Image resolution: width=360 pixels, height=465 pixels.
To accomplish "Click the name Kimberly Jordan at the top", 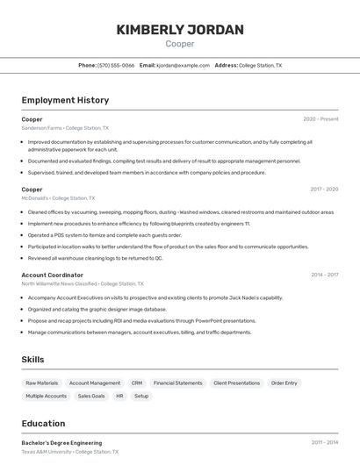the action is (x=180, y=30).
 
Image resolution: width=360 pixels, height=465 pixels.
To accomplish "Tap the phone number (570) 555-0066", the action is (x=116, y=65).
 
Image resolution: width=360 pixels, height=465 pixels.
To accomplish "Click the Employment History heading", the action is (x=65, y=100).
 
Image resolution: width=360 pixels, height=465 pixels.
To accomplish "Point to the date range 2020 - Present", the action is (x=320, y=119).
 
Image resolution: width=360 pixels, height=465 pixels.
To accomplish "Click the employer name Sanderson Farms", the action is (x=41, y=128).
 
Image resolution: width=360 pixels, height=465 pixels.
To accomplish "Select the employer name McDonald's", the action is (x=36, y=198).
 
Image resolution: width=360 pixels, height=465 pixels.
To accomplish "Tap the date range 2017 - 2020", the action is (x=324, y=190).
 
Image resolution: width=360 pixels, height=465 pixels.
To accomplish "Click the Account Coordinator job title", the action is (x=52, y=275).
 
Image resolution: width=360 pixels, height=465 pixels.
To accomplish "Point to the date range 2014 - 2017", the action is (x=324, y=275).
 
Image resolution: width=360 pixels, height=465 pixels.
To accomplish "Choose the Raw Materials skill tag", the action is (x=41, y=383).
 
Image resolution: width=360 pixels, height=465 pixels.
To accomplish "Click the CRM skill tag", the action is (x=136, y=383).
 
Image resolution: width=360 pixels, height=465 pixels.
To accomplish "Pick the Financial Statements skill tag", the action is (x=177, y=383).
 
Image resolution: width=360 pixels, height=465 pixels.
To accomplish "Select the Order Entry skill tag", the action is (x=284, y=383).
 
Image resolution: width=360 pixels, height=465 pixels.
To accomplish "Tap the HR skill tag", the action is (x=119, y=396).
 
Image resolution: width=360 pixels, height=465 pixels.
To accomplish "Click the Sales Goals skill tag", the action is (x=91, y=396).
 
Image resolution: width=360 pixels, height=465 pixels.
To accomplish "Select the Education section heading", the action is (x=43, y=423).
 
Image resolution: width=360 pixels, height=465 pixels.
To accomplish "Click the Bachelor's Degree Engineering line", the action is (x=61, y=443).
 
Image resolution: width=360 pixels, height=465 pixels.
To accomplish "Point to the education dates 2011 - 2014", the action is (x=324, y=443).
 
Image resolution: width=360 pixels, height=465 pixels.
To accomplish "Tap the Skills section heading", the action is (x=32, y=359).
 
